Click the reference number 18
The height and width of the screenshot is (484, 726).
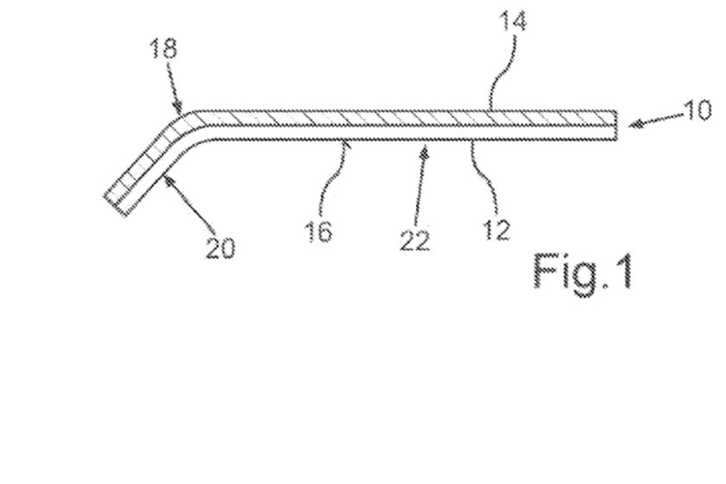(x=162, y=48)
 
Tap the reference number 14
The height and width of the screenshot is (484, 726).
(x=513, y=21)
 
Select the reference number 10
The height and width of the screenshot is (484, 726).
(x=697, y=111)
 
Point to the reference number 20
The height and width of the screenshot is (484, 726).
(x=220, y=248)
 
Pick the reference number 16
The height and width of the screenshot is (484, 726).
(x=319, y=231)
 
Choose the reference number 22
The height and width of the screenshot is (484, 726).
(x=414, y=239)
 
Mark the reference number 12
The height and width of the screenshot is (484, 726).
(x=496, y=229)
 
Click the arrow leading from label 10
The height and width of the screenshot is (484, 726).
(x=653, y=122)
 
